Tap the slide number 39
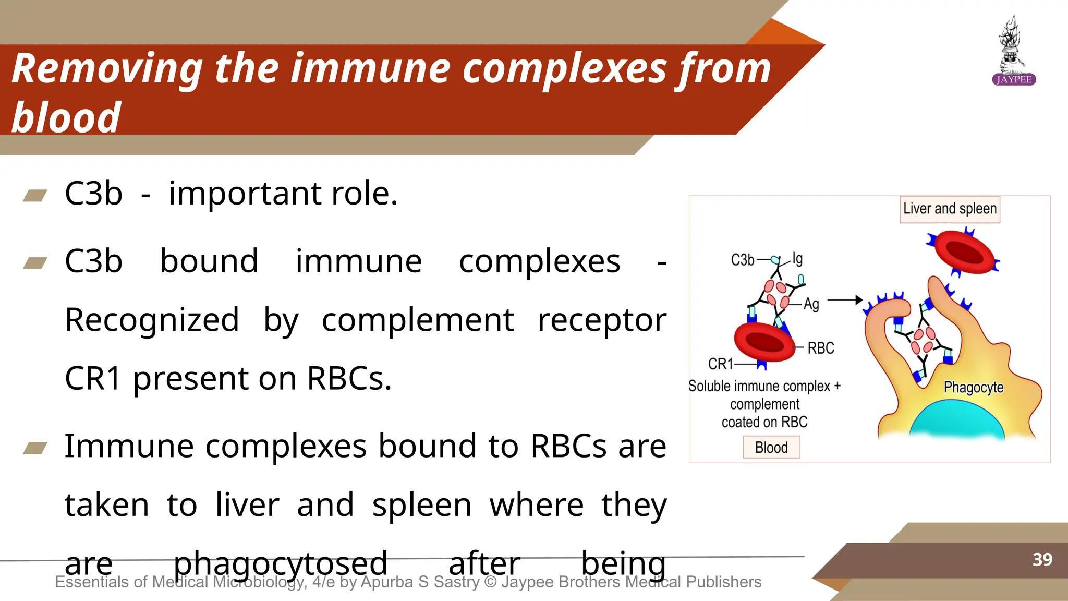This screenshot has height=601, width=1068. point(1042,560)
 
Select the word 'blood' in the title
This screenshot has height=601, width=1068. point(66,117)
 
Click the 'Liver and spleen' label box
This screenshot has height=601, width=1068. point(950,209)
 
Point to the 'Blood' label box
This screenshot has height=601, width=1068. point(771,448)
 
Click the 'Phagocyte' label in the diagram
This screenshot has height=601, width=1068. point(973,388)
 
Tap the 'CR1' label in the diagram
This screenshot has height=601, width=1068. point(720,364)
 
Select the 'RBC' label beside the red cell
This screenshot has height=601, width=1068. point(821,348)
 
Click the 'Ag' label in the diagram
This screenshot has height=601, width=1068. point(811,304)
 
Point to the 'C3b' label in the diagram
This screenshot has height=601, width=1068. point(743,260)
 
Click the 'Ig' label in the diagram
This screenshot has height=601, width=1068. point(797,258)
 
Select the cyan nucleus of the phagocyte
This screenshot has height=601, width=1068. point(957,420)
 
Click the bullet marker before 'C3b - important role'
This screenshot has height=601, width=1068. point(35,196)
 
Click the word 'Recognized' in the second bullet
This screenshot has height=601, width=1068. point(152,320)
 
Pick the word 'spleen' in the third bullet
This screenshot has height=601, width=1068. point(421,505)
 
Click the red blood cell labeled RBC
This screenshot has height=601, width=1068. point(764,342)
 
